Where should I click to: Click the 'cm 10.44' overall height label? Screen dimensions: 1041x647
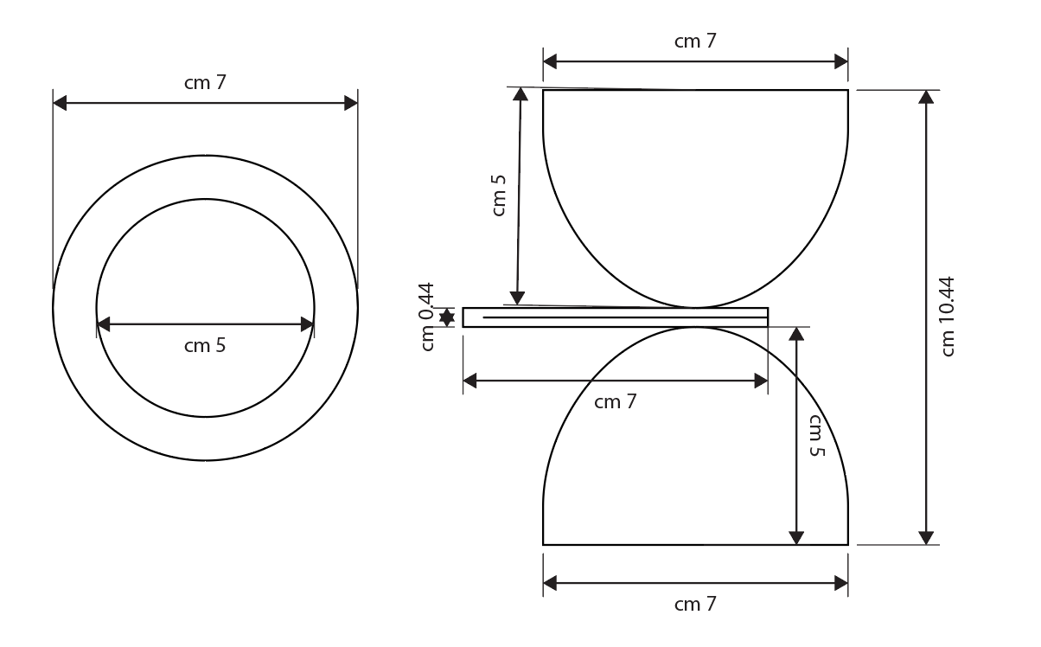click(947, 317)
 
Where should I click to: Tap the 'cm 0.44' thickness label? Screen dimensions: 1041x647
click(426, 317)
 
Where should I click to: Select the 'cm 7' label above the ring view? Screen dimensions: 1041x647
click(205, 83)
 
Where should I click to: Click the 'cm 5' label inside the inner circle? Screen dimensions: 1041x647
click(205, 345)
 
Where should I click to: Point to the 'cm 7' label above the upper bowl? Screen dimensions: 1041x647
click(695, 41)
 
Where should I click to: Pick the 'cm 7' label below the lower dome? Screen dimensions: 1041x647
click(695, 604)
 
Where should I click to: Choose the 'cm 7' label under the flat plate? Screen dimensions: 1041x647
click(615, 401)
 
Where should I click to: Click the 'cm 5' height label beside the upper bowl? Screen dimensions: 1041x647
click(498, 195)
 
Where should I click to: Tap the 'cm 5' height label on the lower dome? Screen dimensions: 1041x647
click(816, 436)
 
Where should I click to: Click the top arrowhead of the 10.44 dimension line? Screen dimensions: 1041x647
click(926, 96)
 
